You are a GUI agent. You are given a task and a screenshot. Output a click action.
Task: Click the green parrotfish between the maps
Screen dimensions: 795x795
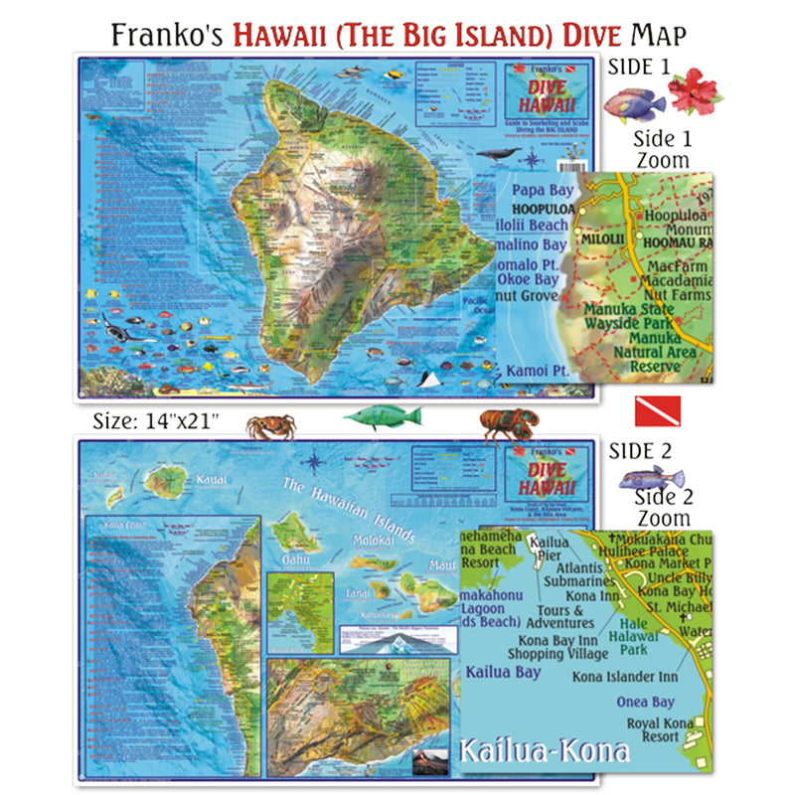pos(383,417)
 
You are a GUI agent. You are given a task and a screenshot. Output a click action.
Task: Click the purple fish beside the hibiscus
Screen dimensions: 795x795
pos(633,101)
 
